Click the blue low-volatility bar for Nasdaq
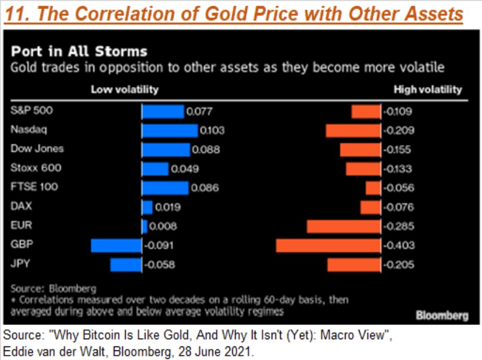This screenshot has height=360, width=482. click(170, 130)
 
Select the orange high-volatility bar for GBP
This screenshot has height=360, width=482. click(328, 245)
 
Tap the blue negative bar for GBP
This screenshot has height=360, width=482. click(116, 245)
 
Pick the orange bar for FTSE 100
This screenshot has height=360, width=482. click(373, 188)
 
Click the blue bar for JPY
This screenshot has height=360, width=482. click(126, 265)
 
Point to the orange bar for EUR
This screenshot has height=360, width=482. click(344, 226)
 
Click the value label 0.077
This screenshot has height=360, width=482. click(199, 112)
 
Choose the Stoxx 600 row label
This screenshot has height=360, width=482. click(36, 168)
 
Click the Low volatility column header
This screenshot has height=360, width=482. click(125, 89)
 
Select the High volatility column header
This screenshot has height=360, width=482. click(427, 89)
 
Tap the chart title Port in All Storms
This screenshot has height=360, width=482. click(79, 52)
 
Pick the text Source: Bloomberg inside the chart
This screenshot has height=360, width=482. click(54, 288)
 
